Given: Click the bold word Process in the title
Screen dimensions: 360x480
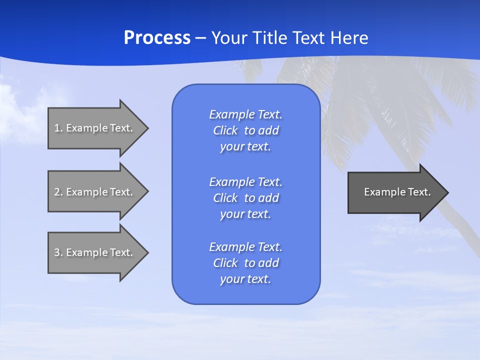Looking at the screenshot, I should point(157,38).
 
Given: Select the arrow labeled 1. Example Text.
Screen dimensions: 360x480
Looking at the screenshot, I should point(95,128).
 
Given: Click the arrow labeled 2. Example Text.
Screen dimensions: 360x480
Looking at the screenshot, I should point(95,192).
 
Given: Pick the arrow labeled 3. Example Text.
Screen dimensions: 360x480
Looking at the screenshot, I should point(95,252).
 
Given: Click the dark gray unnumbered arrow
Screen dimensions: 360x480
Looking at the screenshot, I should point(395,192).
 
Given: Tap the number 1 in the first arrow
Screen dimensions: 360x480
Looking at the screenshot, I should point(57,128).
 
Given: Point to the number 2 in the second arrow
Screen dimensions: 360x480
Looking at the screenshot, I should point(57,192).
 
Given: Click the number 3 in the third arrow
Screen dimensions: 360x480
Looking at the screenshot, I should point(57,252).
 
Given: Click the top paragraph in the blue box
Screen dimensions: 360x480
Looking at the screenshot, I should point(245,130).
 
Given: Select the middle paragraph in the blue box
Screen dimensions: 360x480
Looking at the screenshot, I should point(245,198).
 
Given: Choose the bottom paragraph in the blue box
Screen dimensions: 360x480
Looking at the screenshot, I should point(245,263).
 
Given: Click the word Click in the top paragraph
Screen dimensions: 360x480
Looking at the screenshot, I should point(225,130).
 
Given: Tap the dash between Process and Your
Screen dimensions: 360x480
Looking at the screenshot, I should point(200,38).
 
